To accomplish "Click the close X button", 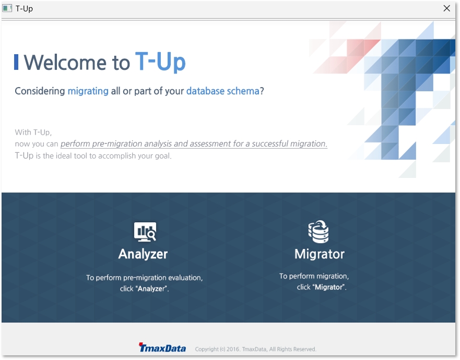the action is tap(446, 8).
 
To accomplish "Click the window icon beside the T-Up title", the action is tap(7, 8).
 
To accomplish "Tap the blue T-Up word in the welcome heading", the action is tap(160, 62).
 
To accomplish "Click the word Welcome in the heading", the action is tap(65, 63).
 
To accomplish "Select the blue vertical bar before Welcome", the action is tap(16, 62).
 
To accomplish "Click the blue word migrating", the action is tap(88, 91).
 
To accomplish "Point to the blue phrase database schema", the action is tap(223, 91).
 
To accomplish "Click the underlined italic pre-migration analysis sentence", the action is tap(194, 143).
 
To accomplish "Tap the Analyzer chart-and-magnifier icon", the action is tap(145, 232).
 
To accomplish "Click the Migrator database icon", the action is tap(319, 232).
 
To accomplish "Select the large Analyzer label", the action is tap(143, 254).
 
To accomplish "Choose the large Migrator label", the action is tap(320, 254).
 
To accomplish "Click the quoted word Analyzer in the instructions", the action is tap(151, 289).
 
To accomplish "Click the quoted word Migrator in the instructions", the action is tap(328, 287).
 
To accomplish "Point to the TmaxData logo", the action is tap(162, 347).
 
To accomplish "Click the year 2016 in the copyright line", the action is tap(233, 349).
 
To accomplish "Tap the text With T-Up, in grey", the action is tap(33, 133).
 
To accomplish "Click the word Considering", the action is tap(40, 91).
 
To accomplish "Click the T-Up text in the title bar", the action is tap(24, 8).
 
